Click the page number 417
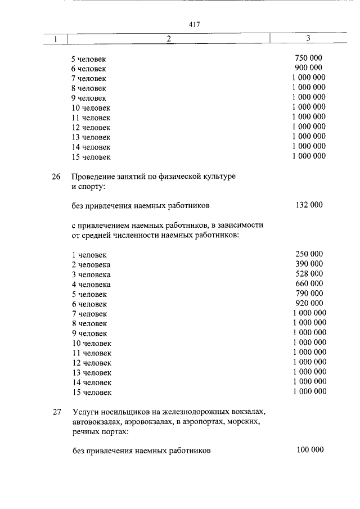tap(195, 24)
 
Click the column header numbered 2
tap(168, 39)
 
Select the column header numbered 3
tap(308, 38)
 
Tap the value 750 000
tap(309, 58)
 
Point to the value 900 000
tap(309, 67)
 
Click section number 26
tap(56, 177)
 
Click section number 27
tap(56, 412)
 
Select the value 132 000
tap(309, 205)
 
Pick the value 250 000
tap(309, 254)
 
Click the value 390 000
tap(309, 264)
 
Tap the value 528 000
tap(309, 274)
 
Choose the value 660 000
tap(309, 283)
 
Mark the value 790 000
tap(309, 294)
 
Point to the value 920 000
tap(309, 303)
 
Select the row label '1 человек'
tap(89, 255)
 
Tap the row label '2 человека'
tap(91, 264)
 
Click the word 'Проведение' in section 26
tap(93, 177)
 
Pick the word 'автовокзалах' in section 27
tap(96, 422)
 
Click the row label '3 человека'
tap(91, 274)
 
